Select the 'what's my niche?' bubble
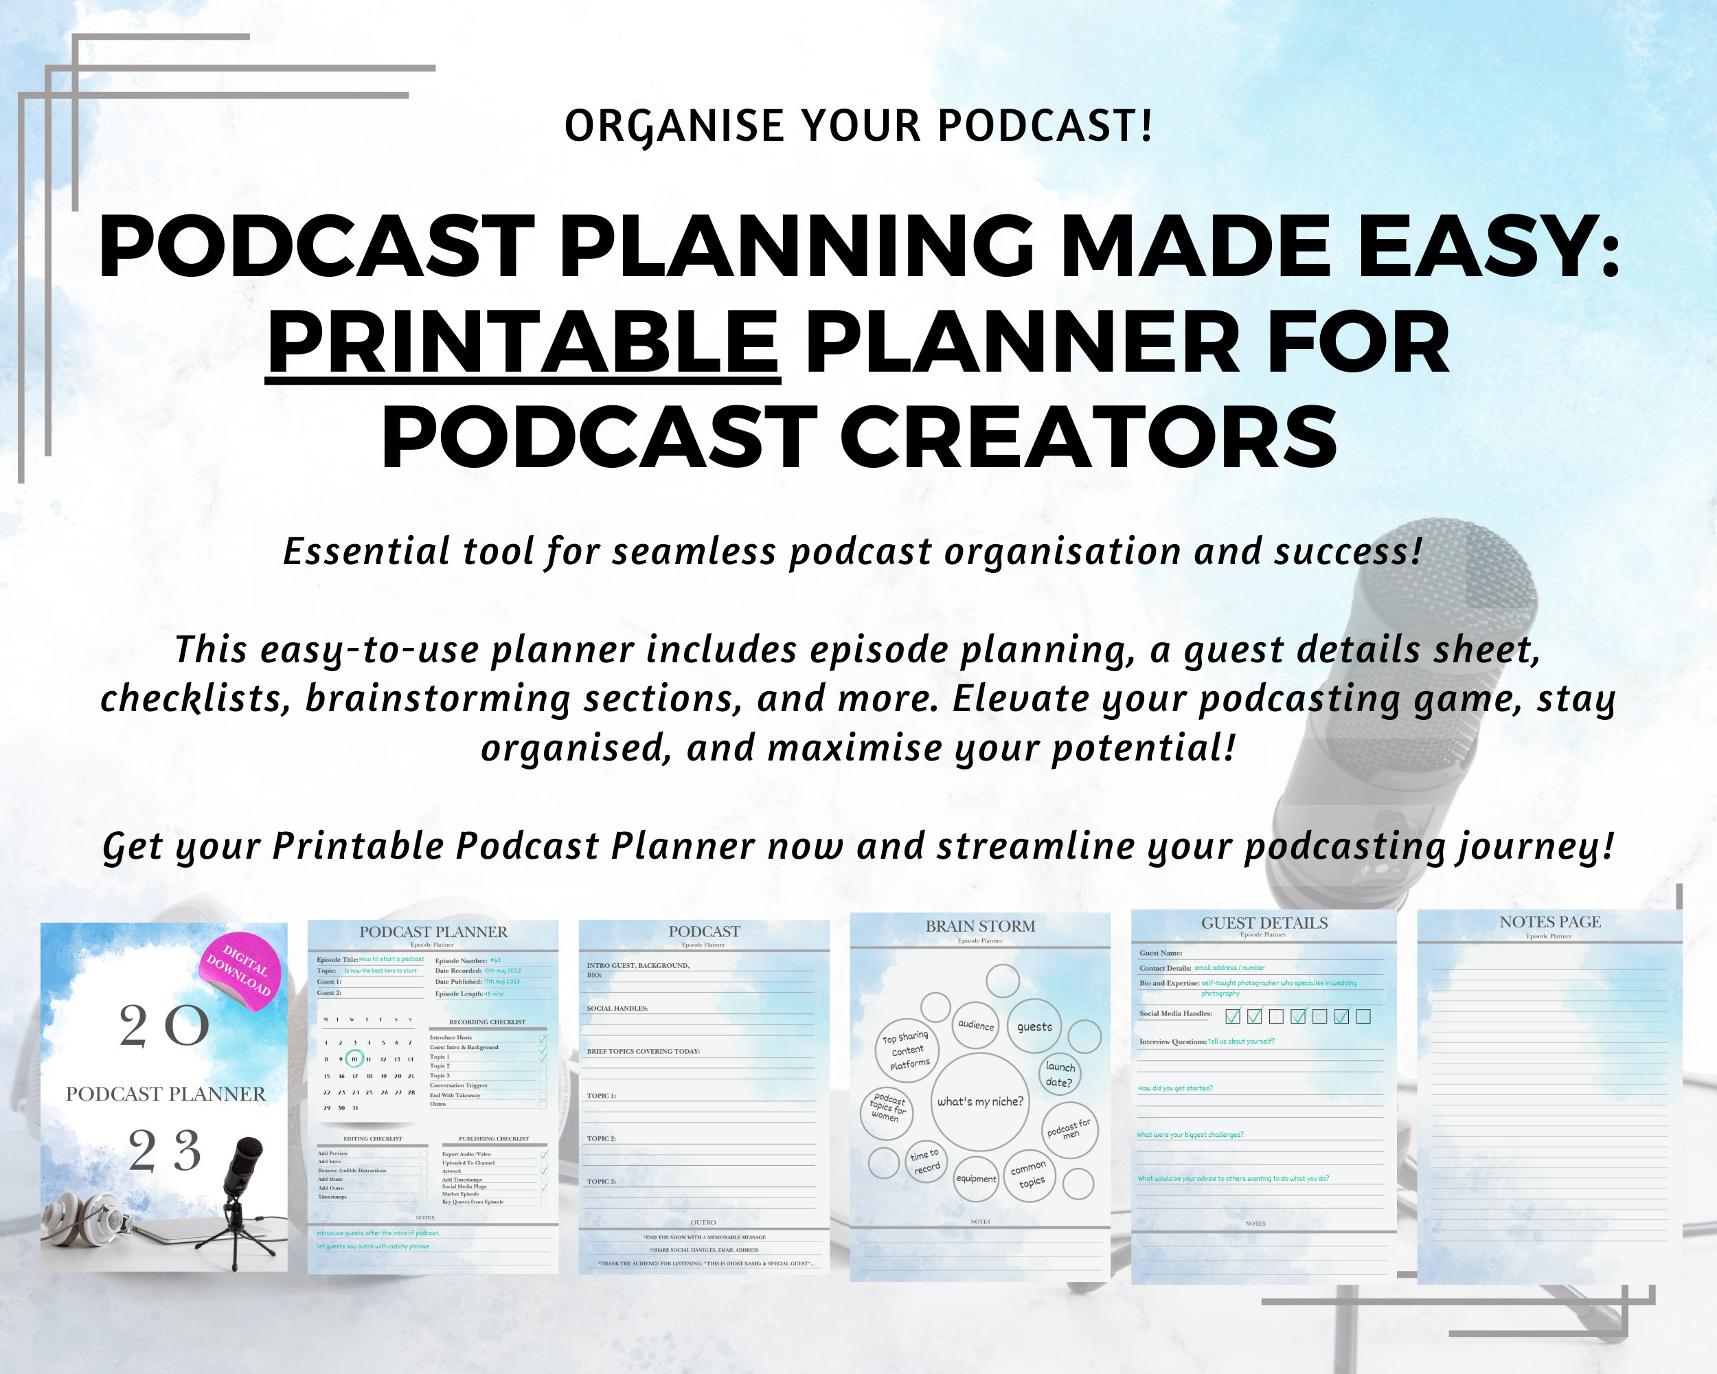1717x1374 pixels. click(x=979, y=1101)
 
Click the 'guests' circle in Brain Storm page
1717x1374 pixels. click(x=1034, y=1026)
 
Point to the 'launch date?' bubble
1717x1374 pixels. click(x=1059, y=1074)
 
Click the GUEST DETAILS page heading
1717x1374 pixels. click(x=1264, y=923)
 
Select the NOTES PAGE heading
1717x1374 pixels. click(x=1549, y=921)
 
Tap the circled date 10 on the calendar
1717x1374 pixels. click(x=354, y=1059)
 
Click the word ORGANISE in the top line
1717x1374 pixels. click(x=674, y=126)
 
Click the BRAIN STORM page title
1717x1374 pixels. click(x=979, y=925)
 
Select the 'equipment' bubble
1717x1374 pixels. click(x=975, y=1179)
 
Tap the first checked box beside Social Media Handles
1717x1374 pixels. click(x=1233, y=1016)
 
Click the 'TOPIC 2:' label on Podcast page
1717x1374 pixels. click(x=601, y=1138)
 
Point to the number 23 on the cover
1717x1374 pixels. click(x=165, y=1151)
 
